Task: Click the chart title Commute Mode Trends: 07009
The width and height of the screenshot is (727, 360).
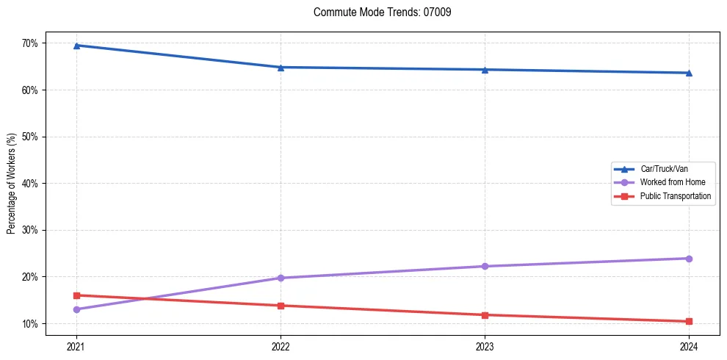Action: pos(377,12)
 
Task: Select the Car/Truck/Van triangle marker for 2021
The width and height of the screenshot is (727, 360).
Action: pos(76,46)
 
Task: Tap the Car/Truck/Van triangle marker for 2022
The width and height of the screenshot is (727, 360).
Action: pos(281,68)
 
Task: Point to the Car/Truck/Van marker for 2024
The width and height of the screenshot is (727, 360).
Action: pos(689,73)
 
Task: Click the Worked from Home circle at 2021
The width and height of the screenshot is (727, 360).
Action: pos(76,309)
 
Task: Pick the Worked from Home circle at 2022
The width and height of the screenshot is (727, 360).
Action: pos(281,278)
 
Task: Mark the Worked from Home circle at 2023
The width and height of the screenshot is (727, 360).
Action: pos(485,266)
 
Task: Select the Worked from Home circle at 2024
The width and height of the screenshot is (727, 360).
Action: pos(689,259)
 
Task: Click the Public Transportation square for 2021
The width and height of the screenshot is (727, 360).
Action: pos(76,295)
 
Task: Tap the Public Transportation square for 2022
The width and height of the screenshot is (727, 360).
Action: pos(281,306)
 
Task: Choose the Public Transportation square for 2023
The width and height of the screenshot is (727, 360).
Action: pos(485,315)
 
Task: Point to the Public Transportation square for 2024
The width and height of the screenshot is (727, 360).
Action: pos(689,321)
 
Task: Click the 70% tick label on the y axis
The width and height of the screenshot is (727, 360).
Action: pos(29,43)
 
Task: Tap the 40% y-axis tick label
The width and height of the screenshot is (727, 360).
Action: pos(29,184)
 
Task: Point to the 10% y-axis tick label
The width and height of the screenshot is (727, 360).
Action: pos(29,324)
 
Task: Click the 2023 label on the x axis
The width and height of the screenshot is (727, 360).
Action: pos(485,346)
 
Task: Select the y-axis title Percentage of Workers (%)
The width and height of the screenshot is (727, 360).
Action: pos(12,184)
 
